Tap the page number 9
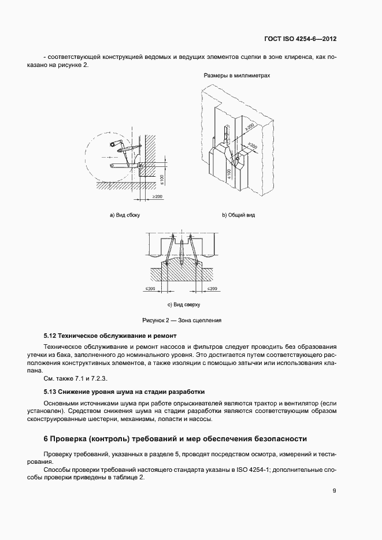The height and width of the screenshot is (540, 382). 335,491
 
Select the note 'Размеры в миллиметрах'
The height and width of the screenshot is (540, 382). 237,76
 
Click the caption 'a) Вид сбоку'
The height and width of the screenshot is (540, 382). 125,215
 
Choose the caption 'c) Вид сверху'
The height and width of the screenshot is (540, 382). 183,304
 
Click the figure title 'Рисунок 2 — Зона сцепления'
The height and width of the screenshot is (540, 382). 182,320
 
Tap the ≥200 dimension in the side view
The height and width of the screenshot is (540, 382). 157,198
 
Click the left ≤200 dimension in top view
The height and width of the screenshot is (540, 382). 151,288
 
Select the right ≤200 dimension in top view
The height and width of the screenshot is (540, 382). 212,288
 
